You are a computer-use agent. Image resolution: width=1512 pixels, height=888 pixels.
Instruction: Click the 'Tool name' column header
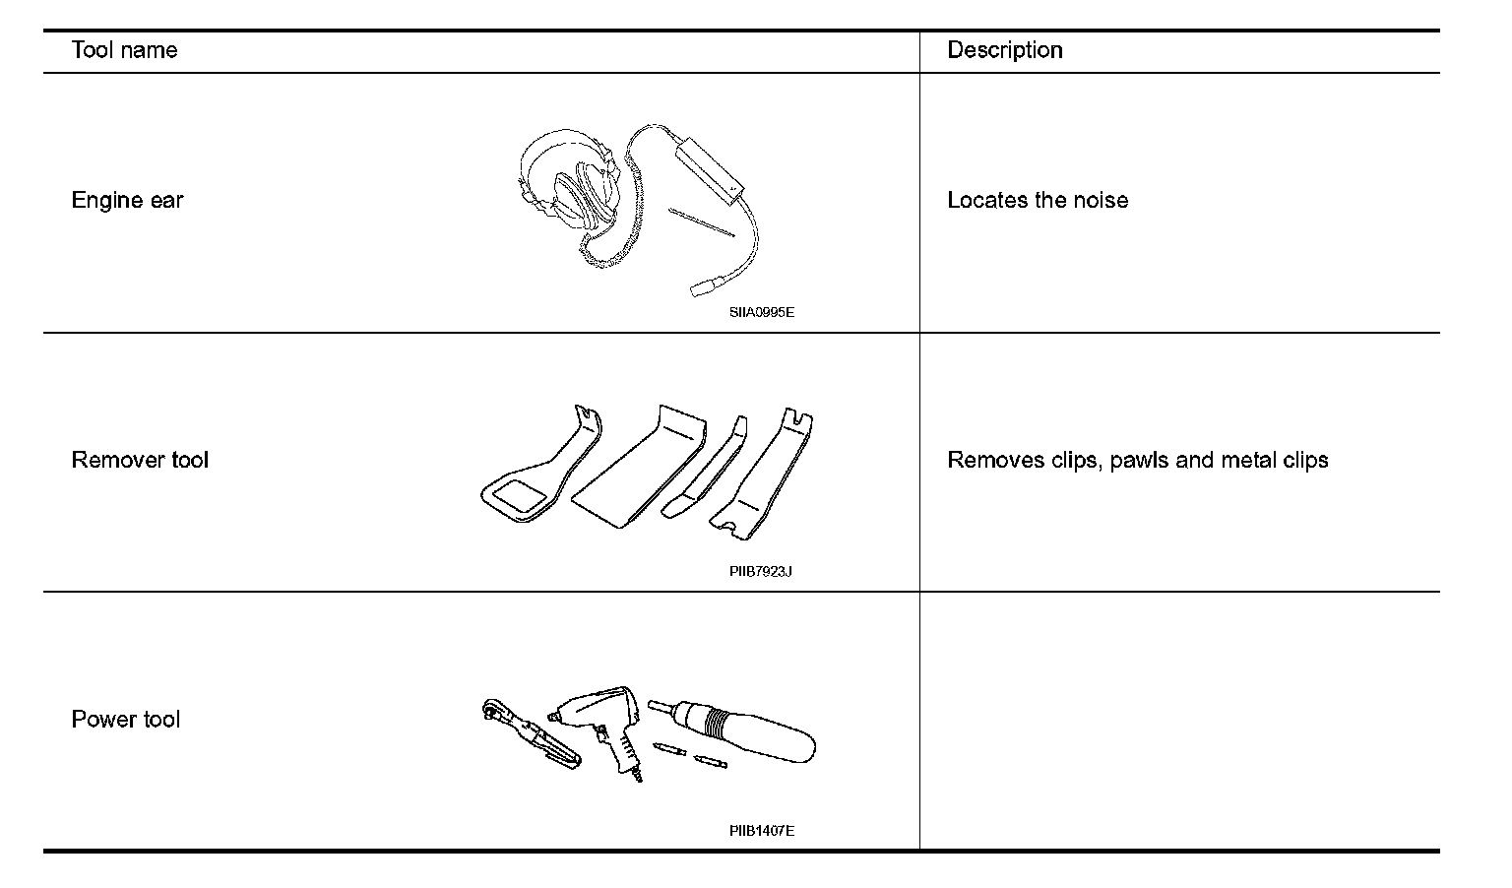124,50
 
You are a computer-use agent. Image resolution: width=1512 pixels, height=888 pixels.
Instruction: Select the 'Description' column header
1004,50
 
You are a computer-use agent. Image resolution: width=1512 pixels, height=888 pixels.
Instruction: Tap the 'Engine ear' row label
127,201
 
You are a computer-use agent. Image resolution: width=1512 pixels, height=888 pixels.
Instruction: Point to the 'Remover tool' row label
140,460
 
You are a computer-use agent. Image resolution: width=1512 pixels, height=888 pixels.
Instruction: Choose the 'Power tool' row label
125,720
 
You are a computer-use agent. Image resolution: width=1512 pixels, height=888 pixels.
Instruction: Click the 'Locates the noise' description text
1038,201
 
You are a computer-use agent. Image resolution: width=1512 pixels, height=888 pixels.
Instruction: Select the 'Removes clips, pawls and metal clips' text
1137,460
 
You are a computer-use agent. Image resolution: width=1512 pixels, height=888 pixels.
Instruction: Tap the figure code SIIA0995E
761,313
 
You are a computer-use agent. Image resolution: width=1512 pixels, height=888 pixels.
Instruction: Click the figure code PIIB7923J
761,572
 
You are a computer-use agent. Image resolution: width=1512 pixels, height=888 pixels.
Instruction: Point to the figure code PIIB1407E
761,831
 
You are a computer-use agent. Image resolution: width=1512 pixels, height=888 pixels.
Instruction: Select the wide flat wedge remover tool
640,468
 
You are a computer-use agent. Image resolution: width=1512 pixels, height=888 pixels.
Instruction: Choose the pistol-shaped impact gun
601,724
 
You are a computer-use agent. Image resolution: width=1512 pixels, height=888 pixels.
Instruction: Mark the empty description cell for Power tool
1179,721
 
